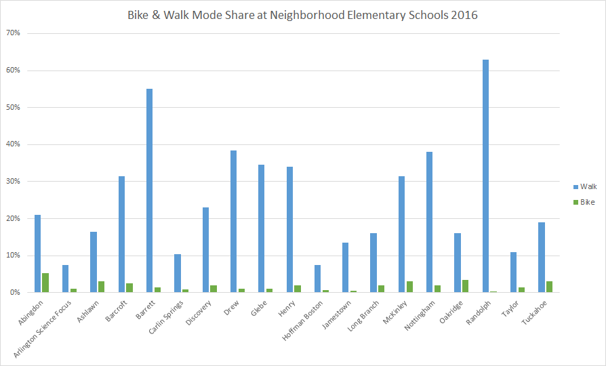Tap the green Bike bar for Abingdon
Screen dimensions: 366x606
(45, 283)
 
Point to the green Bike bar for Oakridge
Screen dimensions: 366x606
(465, 286)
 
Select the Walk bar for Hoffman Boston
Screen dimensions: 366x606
(317, 279)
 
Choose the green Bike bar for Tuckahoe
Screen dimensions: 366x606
(549, 287)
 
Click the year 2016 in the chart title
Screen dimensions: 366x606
(466, 15)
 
